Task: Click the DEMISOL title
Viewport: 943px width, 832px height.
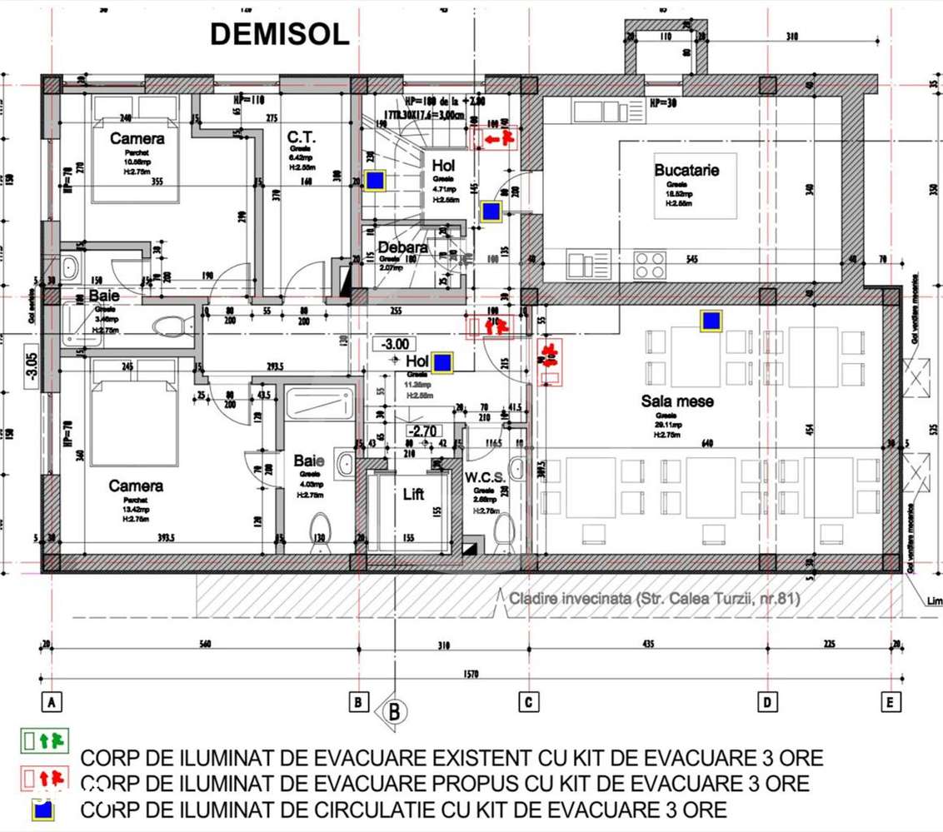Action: (279, 35)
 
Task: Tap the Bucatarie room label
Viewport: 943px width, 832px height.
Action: (686, 170)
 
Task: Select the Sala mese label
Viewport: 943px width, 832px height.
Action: (677, 401)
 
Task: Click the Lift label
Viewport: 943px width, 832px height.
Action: (413, 494)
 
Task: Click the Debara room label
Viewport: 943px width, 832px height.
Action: (402, 247)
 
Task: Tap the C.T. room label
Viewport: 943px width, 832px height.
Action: (300, 137)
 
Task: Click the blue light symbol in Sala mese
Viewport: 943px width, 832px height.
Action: (711, 321)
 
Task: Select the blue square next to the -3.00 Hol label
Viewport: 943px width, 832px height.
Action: (442, 361)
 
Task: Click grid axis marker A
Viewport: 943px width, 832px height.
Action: (52, 703)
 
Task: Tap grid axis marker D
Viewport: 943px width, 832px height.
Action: (767, 703)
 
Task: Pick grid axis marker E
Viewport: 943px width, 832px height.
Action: (891, 703)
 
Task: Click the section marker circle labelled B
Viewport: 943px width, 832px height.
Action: (394, 711)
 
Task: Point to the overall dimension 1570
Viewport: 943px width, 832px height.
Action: (471, 675)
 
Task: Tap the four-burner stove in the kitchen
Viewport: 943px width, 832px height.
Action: (649, 265)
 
